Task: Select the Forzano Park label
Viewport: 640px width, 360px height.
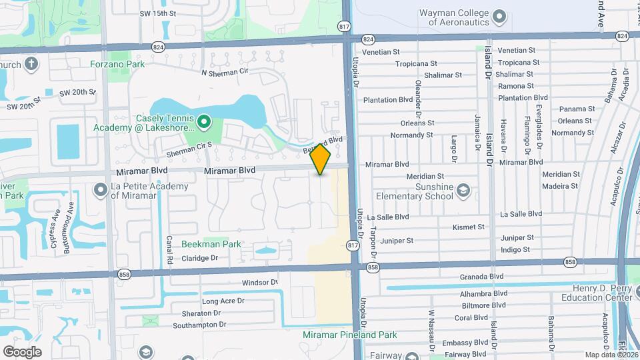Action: tap(117, 65)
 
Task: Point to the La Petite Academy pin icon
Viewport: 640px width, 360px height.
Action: tap(101, 191)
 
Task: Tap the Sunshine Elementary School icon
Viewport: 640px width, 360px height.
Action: tap(463, 192)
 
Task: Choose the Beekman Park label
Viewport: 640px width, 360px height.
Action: tap(211, 244)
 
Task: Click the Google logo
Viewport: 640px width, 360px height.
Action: tap(22, 351)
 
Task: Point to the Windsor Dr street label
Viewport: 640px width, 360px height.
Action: tap(259, 283)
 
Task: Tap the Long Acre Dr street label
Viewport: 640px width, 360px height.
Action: tap(223, 301)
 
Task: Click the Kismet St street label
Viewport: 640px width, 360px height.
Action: tap(469, 227)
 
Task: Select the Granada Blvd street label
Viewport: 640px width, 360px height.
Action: tap(481, 276)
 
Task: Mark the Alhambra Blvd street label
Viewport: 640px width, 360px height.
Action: tap(483, 293)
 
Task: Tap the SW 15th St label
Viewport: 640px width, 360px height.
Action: tap(158, 13)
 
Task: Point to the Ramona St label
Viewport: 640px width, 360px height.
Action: tap(516, 86)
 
